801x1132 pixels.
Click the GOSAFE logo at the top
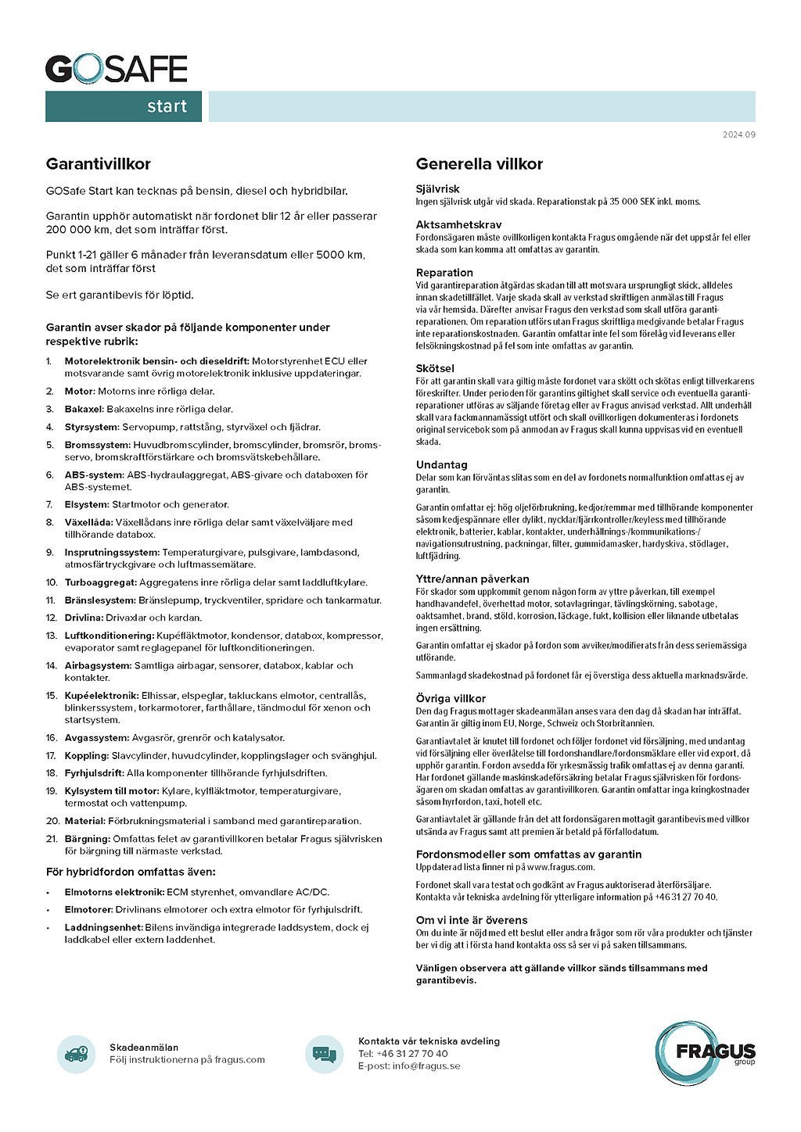[116, 69]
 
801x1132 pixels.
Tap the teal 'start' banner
[124, 106]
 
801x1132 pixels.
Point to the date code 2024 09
[738, 135]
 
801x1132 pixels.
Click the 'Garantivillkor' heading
[98, 164]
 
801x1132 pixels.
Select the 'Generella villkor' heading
[479, 164]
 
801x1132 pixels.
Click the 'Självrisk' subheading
[437, 189]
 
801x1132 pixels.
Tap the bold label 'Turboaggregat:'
[101, 582]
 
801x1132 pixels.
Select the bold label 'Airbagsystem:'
[98, 666]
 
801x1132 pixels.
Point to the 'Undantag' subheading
[441, 465]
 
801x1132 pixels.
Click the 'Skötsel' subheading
[435, 368]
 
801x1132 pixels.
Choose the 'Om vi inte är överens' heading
[472, 920]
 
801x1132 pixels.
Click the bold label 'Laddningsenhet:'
[103, 927]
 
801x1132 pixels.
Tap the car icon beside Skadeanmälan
[76, 1054]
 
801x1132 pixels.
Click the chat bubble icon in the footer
[324, 1054]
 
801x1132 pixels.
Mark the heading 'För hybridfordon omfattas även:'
[131, 872]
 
